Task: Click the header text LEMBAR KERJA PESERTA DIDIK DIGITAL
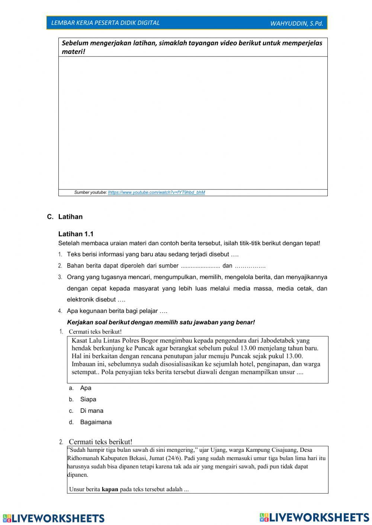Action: [x=105, y=23]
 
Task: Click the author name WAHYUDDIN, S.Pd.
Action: [x=296, y=23]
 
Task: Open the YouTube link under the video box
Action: [x=156, y=192]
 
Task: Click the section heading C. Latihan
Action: [x=65, y=217]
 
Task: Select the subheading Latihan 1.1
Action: [x=76, y=234]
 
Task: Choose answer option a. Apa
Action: [x=85, y=388]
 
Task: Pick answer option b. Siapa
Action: [x=88, y=399]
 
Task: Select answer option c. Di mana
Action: [x=92, y=411]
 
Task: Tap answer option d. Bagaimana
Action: [x=96, y=422]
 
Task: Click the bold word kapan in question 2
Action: [x=110, y=489]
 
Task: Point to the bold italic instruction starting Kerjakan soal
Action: [x=161, y=322]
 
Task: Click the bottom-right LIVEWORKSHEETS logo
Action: [x=314, y=517]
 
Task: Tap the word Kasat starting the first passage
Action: [x=80, y=340]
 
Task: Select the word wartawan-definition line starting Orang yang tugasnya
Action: [x=197, y=277]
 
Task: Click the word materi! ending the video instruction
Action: [x=74, y=52]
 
